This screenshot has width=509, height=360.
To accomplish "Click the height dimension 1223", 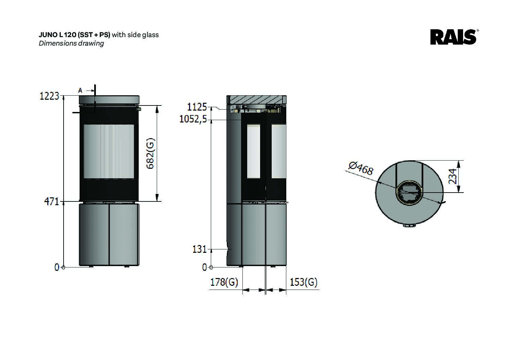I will click(50, 96).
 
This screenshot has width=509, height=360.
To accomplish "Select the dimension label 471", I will click(52, 201).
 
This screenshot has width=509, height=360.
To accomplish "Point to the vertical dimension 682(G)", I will click(150, 153).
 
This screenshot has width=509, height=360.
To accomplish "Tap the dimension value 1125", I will click(197, 107).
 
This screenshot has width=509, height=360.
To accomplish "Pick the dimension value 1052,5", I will click(193, 120).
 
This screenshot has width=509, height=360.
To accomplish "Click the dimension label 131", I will click(200, 249).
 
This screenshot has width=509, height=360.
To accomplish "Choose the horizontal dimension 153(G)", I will click(303, 282).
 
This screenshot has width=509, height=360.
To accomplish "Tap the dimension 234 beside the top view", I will click(453, 176).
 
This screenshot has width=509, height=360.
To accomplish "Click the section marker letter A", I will click(80, 91).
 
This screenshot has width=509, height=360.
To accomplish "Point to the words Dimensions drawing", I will click(71, 43).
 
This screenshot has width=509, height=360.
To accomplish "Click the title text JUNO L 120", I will click(58, 34).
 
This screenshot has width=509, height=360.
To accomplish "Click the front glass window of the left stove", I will click(109, 151).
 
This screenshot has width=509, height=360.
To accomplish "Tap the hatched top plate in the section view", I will click(256, 100).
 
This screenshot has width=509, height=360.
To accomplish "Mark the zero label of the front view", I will click(57, 267).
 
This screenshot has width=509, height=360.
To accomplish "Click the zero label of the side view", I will click(204, 267).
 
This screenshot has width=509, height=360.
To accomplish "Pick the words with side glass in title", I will click(135, 34).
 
